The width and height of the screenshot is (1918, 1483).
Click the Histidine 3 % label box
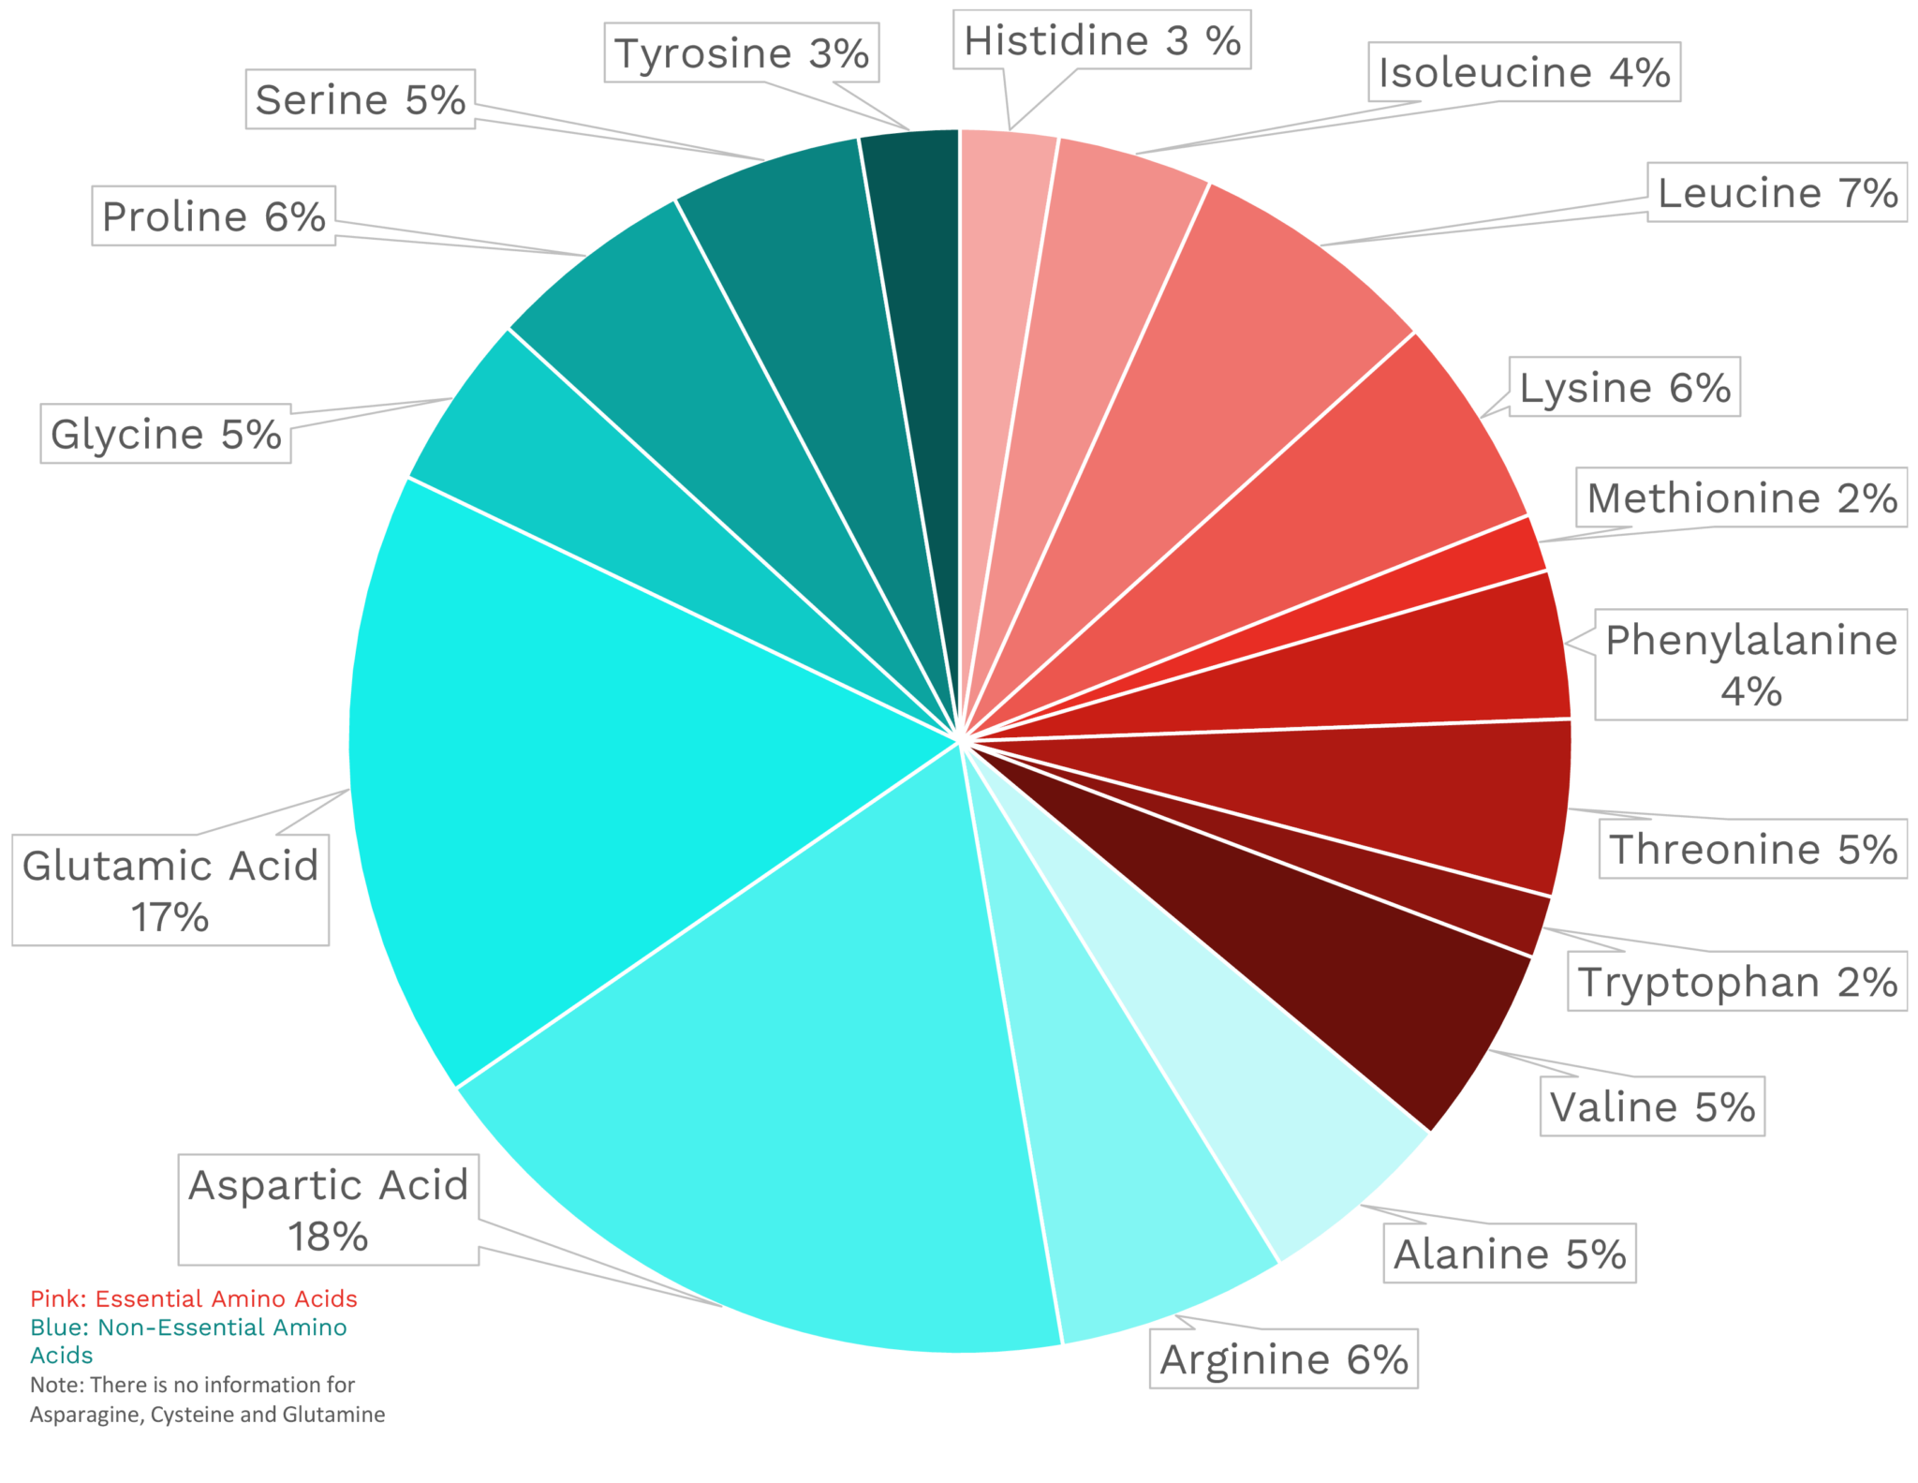pos(1101,40)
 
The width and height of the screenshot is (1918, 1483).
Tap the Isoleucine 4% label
pos(1524,72)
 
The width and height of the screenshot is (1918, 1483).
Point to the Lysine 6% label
pos(1624,387)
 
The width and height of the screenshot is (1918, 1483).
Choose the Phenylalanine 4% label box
pos(1750,664)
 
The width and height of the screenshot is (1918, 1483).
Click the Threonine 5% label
pos(1752,849)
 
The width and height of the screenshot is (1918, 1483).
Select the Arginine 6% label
pos(1283,1359)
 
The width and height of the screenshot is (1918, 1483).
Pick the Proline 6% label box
pos(214,216)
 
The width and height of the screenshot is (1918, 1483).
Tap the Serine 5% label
pos(361,99)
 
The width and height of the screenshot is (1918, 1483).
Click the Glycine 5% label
pos(166,434)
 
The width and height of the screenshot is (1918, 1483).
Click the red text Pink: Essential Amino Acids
pos(194,1298)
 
